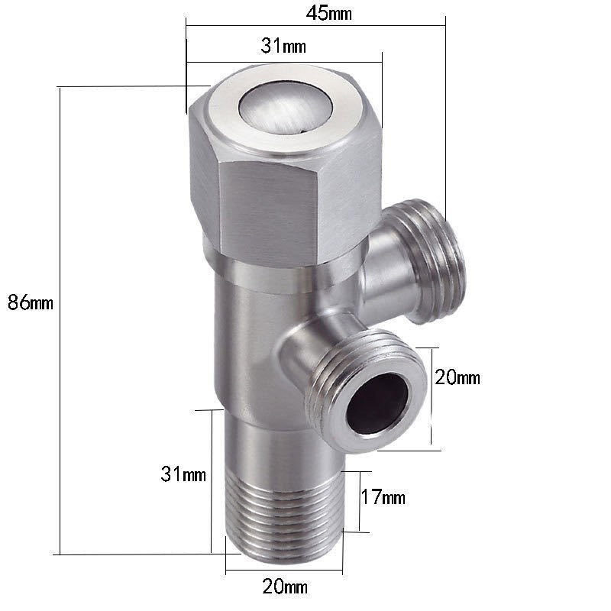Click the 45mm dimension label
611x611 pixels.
tap(328, 13)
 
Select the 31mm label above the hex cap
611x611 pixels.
tap(283, 46)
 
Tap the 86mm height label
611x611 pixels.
tap(31, 302)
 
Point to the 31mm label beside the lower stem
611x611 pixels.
tap(183, 474)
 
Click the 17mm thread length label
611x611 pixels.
tap(383, 497)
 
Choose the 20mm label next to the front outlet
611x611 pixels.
tap(457, 377)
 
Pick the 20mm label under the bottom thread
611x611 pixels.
tap(285, 587)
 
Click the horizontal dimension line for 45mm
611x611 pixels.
tap(315, 26)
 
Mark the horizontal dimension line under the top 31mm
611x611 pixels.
tap(284, 62)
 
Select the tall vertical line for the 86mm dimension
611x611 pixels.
tap(60, 320)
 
